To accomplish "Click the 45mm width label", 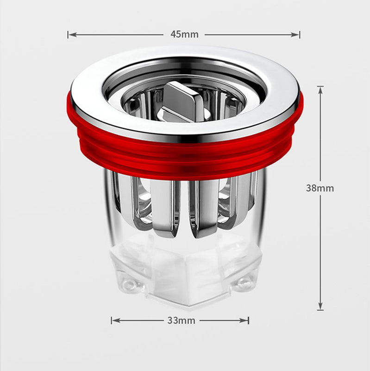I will [x=184, y=34].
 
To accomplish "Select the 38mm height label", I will [x=320, y=188].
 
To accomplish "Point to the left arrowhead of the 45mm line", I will [x=71, y=34].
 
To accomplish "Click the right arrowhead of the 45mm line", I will [x=297, y=34].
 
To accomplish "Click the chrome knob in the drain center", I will [x=182, y=101].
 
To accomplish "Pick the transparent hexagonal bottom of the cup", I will [x=185, y=274].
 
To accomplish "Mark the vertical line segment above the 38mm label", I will [x=320, y=134].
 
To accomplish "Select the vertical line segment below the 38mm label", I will [x=320, y=250].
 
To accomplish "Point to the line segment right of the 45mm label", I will [x=250, y=34].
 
